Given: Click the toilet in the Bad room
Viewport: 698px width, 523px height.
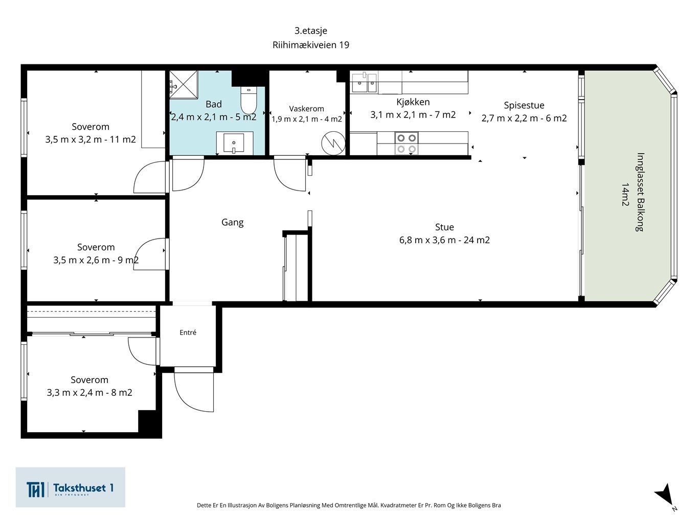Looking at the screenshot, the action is coord(249,100).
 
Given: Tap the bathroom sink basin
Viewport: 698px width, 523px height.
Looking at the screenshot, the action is coord(234,143).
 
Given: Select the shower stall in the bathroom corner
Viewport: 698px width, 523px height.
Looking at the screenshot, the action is coord(184,84).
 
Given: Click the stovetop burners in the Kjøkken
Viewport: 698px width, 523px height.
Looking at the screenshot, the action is coord(407,143).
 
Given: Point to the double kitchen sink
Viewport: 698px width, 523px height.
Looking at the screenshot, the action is coord(364,82).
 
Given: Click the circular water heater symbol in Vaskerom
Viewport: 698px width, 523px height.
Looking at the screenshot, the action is coord(333,143).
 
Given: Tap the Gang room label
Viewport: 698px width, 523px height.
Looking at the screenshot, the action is coord(233,223).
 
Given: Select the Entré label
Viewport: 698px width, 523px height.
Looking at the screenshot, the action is coord(188,332).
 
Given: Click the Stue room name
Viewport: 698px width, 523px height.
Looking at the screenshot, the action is coord(444,227).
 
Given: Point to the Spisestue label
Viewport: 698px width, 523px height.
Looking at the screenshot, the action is coord(524,105).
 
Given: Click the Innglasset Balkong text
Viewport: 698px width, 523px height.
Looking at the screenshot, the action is coord(640,192).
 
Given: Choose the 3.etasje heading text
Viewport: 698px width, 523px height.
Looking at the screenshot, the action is coord(311,31).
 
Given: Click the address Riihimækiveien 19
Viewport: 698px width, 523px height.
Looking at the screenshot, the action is coord(311,45).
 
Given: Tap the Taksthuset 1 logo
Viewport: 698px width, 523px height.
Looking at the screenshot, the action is coord(70,487).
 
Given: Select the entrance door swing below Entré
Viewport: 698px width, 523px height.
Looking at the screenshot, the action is coord(194,391).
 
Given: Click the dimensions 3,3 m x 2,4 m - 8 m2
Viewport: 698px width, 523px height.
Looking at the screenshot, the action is coord(89,393).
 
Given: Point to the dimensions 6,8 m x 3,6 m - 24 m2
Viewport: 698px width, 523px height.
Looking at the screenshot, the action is coord(444,240).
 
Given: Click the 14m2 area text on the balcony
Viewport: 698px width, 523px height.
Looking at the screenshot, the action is coord(625,195).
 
